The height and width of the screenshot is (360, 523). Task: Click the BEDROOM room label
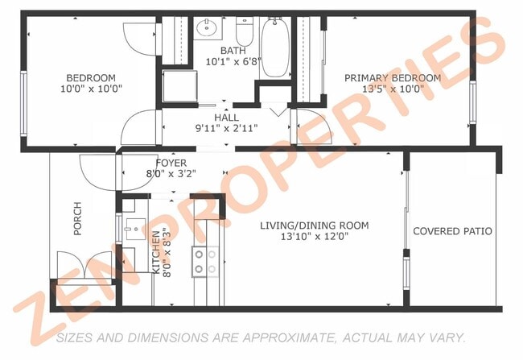pyautogui.click(x=90, y=78)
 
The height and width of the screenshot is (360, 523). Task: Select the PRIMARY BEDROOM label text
pyautogui.click(x=393, y=78)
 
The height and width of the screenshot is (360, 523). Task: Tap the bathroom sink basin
pyautogui.click(x=208, y=30)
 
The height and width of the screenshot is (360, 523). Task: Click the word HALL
pyautogui.click(x=226, y=118)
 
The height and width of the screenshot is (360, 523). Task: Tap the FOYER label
pyautogui.click(x=171, y=162)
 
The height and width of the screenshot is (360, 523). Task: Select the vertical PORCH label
pyautogui.click(x=78, y=219)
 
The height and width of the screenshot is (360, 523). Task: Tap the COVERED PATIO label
pyautogui.click(x=452, y=231)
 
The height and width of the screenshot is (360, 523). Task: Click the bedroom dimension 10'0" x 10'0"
pyautogui.click(x=90, y=89)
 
